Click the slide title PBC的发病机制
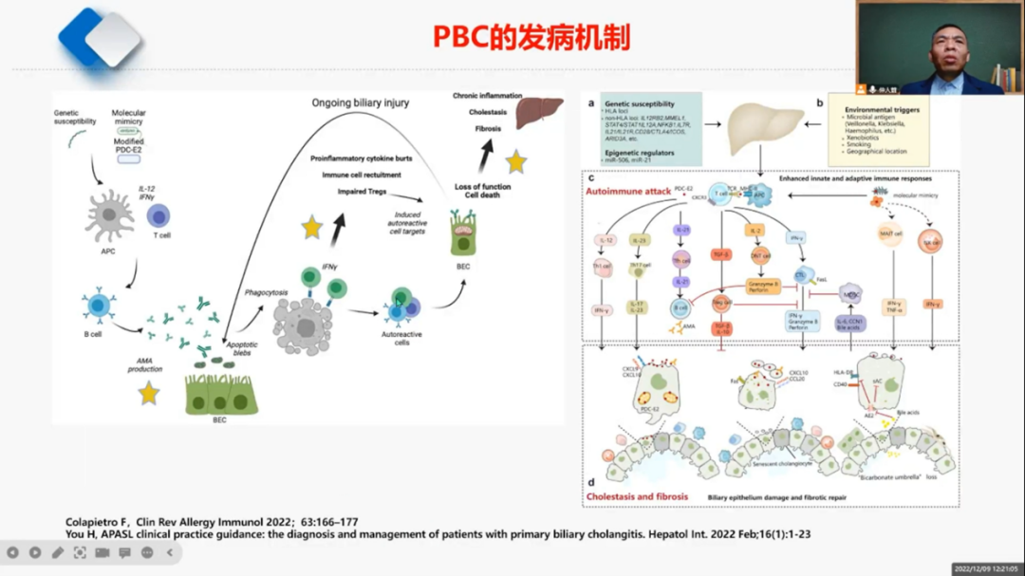point(531,37)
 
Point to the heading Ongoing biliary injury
point(361,102)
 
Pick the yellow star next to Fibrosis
point(515,162)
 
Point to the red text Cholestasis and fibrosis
point(637,496)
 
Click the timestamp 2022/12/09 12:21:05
point(986,568)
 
